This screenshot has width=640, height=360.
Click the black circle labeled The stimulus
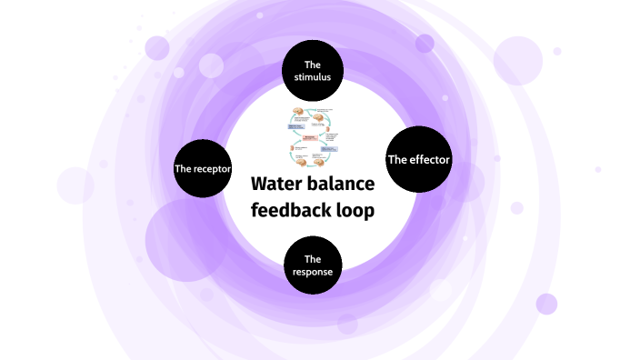coord(313,71)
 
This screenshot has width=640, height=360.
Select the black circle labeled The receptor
coord(203,168)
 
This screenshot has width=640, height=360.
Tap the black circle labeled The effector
coord(419,160)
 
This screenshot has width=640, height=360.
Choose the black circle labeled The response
coord(313,265)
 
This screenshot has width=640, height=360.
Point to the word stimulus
coord(313,77)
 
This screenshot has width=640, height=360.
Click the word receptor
coord(212,169)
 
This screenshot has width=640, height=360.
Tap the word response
coord(313,272)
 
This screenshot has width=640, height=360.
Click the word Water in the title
coord(276,185)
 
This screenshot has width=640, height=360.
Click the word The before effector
coord(397,160)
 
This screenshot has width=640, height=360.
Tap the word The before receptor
coord(183,169)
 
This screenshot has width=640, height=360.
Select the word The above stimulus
coord(313,65)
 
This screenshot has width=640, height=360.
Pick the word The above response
coord(313,258)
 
